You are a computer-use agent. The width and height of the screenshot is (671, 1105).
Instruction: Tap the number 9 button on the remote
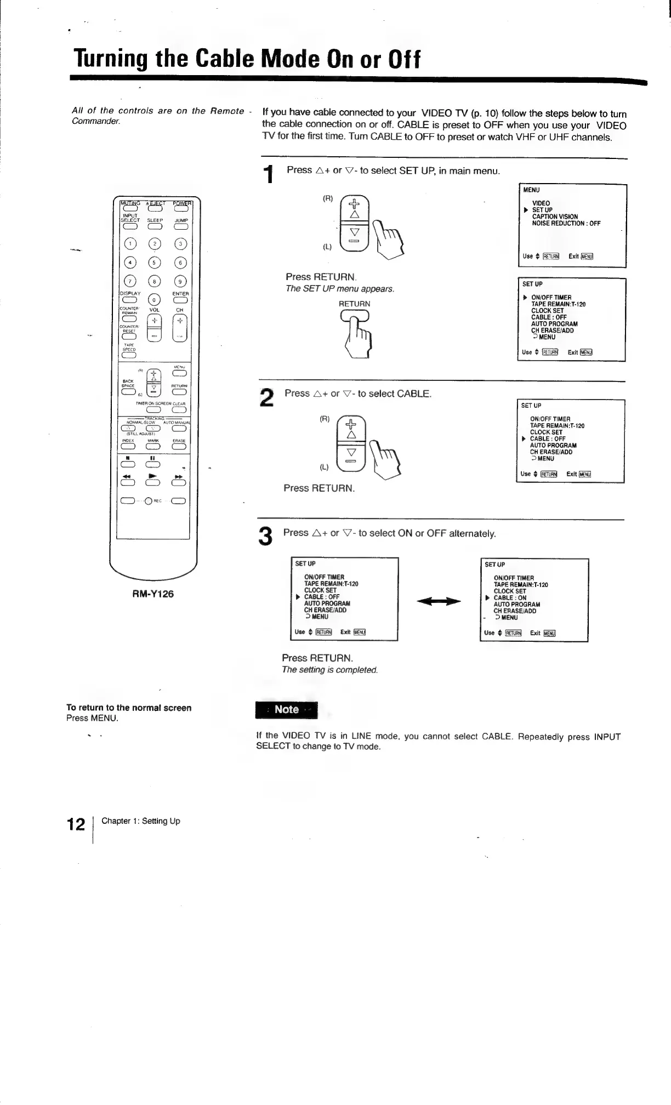point(180,282)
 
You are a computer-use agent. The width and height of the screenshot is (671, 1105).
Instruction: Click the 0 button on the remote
point(154,300)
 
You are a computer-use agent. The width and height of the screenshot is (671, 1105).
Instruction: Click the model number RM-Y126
point(153,594)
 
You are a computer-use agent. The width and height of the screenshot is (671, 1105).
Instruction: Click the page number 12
point(76,824)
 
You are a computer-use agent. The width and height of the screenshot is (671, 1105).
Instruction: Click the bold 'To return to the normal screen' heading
point(129,708)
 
